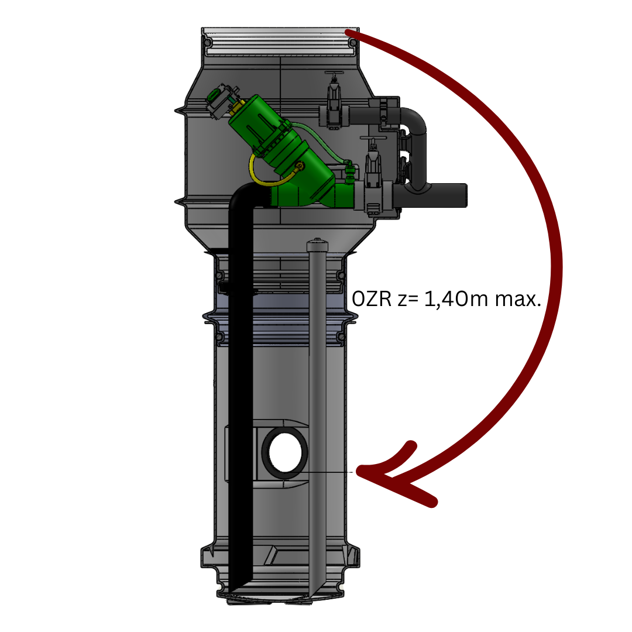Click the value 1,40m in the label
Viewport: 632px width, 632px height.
[456, 299]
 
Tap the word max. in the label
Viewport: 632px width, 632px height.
[518, 300]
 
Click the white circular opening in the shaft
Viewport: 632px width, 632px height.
[285, 452]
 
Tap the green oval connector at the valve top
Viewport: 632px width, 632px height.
[213, 95]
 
